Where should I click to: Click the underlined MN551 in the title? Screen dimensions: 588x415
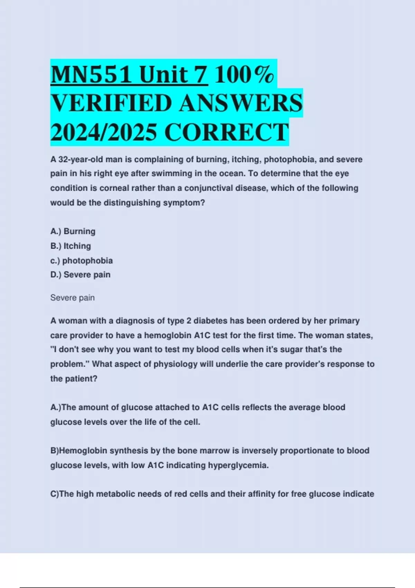click(91, 75)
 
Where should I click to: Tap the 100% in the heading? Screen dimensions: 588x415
click(245, 75)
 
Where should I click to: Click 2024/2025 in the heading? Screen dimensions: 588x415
click(103, 132)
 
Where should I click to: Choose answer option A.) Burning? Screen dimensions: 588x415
click(73, 231)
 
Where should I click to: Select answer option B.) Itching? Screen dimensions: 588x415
click(71, 246)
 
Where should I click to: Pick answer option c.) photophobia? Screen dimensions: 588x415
click(81, 260)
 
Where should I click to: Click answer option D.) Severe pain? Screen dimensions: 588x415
click(80, 275)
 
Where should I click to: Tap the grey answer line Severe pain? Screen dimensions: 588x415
click(72, 298)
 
